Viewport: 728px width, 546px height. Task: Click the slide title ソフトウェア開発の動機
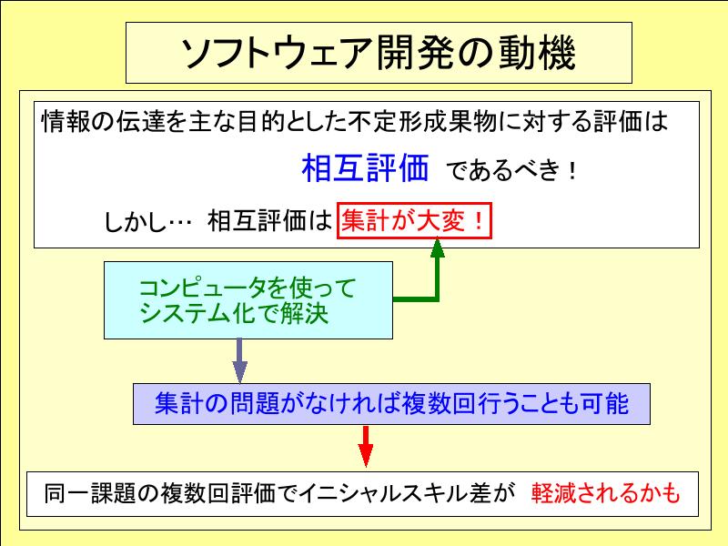click(x=378, y=54)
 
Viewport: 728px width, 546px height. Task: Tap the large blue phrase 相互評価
click(x=365, y=168)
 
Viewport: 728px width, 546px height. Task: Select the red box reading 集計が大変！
click(x=414, y=221)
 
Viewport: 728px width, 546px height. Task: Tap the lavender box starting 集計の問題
click(x=391, y=403)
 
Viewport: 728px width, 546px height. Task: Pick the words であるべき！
click(x=511, y=171)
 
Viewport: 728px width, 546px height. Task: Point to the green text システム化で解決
click(x=234, y=315)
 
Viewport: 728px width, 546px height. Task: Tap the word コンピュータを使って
click(x=247, y=288)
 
